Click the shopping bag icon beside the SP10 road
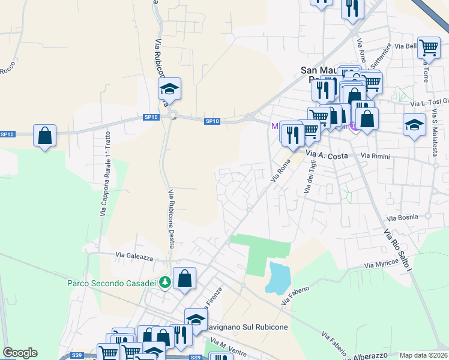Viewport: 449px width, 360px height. (x=45, y=136)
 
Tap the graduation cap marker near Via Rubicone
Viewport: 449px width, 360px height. (x=170, y=89)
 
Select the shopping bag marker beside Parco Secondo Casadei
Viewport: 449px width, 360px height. (x=184, y=278)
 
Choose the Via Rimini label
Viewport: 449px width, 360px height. (x=376, y=157)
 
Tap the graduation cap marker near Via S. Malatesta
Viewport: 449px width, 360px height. (x=414, y=124)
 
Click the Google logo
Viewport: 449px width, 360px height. (x=20, y=353)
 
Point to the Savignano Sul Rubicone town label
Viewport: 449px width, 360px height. (x=247, y=328)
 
